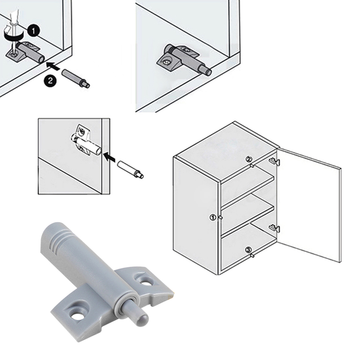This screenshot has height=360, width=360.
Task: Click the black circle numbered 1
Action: (x=33, y=31)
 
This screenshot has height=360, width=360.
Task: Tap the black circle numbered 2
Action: (x=50, y=81)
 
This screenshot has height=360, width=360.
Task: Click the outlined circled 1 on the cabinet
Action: (x=213, y=217)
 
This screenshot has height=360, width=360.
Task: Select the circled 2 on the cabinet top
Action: (x=249, y=159)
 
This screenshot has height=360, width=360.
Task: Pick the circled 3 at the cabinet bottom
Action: (x=248, y=249)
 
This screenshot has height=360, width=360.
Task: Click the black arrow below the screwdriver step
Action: (x=53, y=66)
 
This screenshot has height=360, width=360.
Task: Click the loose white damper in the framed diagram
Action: (x=130, y=170)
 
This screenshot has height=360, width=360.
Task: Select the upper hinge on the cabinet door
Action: (x=274, y=161)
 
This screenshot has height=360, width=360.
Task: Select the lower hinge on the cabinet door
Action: (x=274, y=228)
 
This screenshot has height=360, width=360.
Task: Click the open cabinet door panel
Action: (x=309, y=204)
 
